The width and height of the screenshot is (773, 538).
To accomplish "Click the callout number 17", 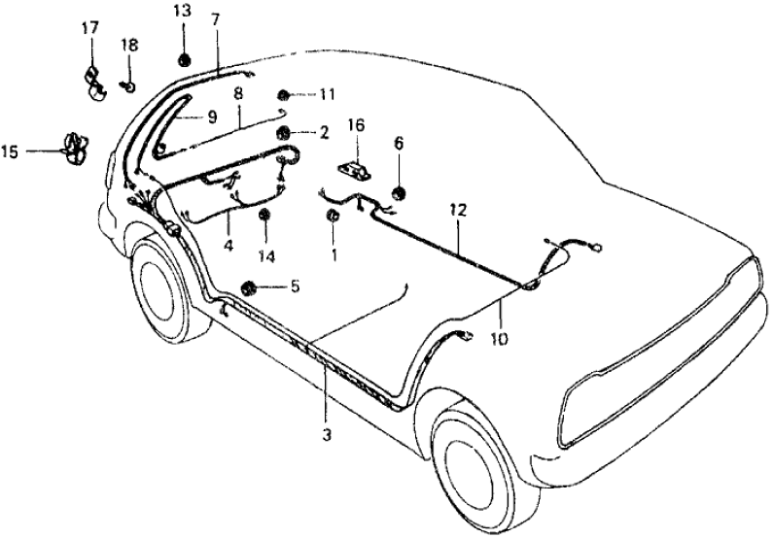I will tap(89, 28).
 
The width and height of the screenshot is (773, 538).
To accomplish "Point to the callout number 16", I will tap(356, 124).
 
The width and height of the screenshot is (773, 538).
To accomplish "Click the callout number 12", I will tap(458, 209).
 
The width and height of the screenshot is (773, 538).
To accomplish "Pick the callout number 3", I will tap(327, 436).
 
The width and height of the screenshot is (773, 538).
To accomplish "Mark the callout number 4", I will tap(228, 247).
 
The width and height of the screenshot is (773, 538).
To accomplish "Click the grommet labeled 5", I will tap(249, 287).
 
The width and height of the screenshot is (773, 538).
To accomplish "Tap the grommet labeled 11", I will tap(284, 95).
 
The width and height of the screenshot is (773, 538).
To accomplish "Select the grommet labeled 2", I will tap(284, 131).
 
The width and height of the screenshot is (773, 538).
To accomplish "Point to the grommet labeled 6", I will tap(398, 190).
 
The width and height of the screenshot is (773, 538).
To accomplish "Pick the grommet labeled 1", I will tap(333, 216).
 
